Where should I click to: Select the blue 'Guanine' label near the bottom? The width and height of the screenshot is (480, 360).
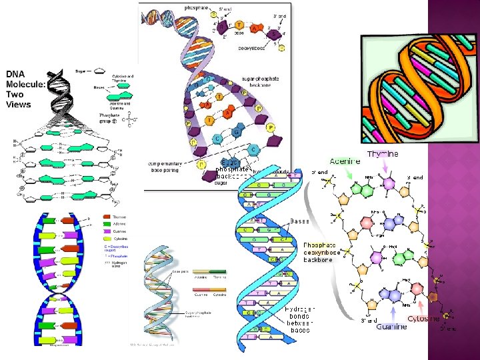[391, 327]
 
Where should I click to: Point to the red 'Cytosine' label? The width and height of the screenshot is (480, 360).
[423, 319]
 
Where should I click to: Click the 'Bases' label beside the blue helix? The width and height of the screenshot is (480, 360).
[299, 221]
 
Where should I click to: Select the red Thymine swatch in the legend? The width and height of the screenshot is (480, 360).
[107, 217]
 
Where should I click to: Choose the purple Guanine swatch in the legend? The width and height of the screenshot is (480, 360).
[107, 231]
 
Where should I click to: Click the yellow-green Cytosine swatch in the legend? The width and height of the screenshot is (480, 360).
[107, 239]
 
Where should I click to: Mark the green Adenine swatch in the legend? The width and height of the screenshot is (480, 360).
[107, 224]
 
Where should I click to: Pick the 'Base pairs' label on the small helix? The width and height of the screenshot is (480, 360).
[179, 272]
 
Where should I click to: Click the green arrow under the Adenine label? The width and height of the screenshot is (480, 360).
[349, 175]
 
